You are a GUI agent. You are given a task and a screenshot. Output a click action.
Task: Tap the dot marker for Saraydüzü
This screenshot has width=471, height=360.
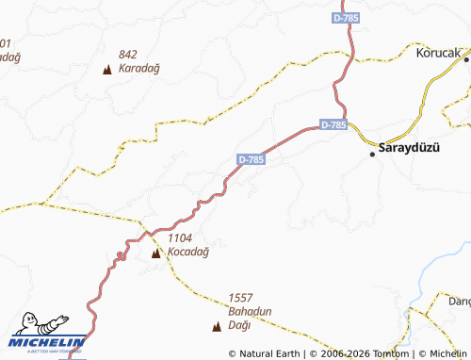372,154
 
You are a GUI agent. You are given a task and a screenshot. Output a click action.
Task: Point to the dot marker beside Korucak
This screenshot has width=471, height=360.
465,59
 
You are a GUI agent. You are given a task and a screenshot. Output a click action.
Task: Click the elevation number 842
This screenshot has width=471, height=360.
128,55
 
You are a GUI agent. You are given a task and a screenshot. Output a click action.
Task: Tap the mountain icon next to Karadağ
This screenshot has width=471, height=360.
107,69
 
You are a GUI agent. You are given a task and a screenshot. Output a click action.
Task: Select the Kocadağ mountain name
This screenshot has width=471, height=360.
187,253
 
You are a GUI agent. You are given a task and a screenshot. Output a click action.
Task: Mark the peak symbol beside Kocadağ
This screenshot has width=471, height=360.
155,254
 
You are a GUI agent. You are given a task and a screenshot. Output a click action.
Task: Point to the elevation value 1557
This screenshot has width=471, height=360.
240,296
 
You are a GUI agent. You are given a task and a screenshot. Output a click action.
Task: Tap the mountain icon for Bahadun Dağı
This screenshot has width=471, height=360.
218,326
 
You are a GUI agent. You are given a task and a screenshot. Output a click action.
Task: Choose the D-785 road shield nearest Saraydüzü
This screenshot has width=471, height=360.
333,124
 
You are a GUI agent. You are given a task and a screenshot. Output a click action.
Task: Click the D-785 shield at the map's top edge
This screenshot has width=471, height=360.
347,18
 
